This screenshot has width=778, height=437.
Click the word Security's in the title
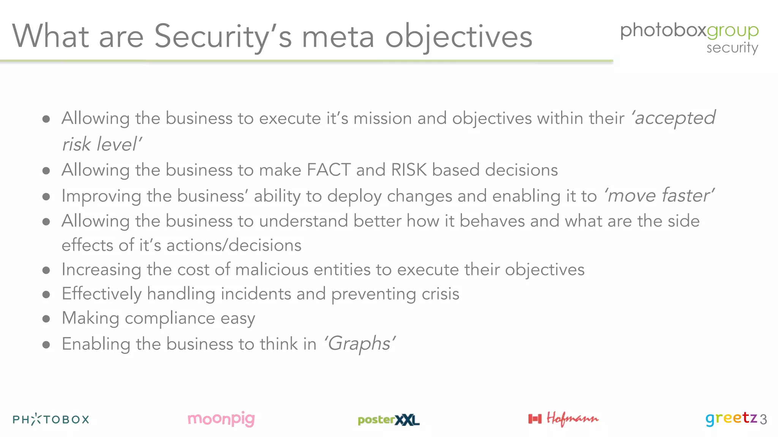point(223,37)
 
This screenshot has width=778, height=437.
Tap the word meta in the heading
point(338,37)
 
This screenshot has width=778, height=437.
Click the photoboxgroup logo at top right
point(689,30)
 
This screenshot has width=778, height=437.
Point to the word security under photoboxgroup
point(732,48)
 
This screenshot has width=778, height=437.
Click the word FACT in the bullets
point(329,170)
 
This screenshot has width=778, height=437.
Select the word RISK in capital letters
point(409,170)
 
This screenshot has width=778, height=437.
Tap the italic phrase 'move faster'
point(659,195)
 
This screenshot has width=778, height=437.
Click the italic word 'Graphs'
point(359,344)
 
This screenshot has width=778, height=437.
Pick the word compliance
point(170,318)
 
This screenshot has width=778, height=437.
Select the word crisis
point(440,294)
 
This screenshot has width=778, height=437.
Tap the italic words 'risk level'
point(102,144)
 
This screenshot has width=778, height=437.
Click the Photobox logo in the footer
point(51,419)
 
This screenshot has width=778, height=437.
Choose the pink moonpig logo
point(221,419)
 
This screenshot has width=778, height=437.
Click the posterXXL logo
point(388,420)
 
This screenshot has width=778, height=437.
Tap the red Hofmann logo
point(563,419)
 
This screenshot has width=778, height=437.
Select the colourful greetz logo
point(731,418)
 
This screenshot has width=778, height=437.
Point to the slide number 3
point(763,420)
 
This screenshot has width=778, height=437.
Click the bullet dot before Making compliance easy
point(46,319)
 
